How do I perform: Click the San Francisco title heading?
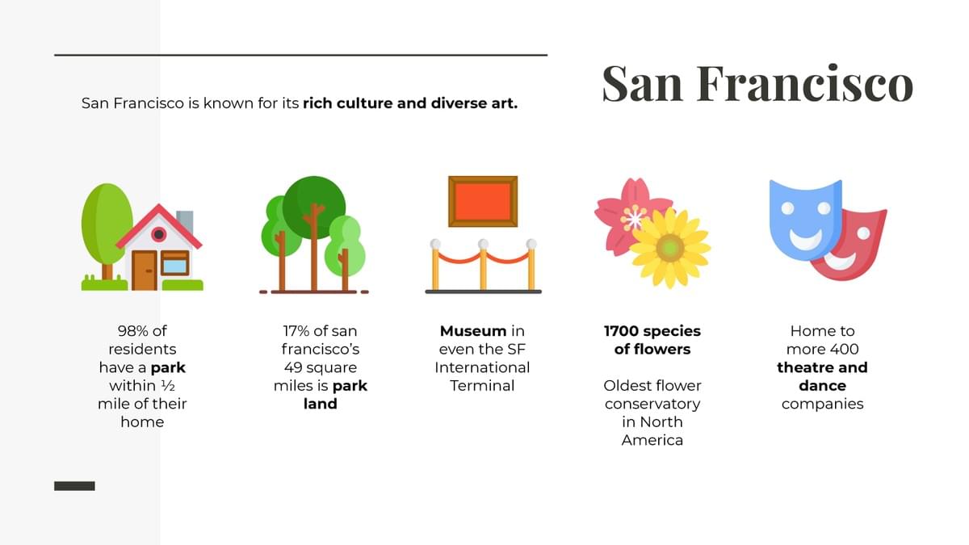coord(757,83)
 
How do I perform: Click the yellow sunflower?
coord(670,248)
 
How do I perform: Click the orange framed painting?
coord(483,201)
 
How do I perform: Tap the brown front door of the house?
coord(145,270)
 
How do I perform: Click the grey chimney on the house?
coord(185,221)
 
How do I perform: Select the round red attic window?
coord(158,234)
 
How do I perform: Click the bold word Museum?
coord(473,331)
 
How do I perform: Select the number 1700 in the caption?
coord(620,331)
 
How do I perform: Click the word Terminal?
coord(482,385)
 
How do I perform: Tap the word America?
coord(652,440)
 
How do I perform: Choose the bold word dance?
coord(822,385)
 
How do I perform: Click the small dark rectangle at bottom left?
coord(74,486)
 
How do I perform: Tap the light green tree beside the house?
coord(107,225)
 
